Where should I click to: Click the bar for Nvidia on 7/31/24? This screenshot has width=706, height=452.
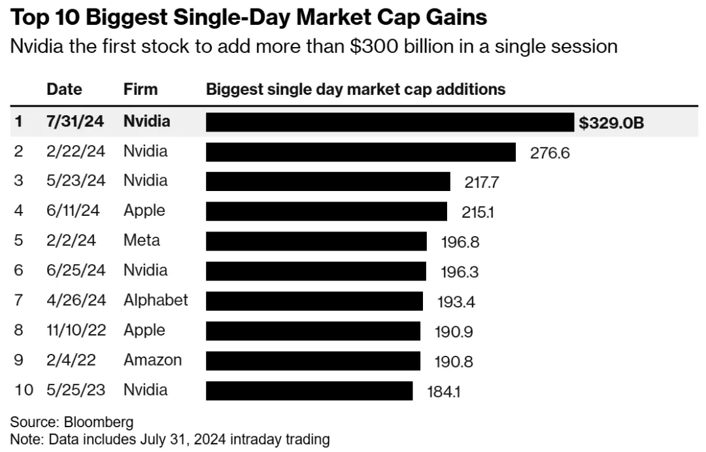pos(390,122)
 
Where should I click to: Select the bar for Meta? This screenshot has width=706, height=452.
pos(316,241)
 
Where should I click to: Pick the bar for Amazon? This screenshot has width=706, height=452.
pos(313,360)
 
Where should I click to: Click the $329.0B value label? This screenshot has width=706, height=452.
pos(611,122)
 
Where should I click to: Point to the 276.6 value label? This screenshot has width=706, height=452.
pos(550,153)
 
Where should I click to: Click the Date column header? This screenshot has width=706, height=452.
pos(64,90)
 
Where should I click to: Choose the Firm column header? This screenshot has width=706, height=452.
pos(141,90)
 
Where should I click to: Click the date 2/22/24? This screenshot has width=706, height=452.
pos(75,152)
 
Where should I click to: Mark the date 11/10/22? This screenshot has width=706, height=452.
pos(75,330)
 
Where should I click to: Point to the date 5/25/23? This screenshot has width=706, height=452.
pos(75,390)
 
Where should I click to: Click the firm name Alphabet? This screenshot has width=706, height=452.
pos(156,300)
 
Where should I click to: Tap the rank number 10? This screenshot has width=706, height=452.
pos(24,391)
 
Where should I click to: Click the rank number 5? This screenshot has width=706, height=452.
pos(18,241)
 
